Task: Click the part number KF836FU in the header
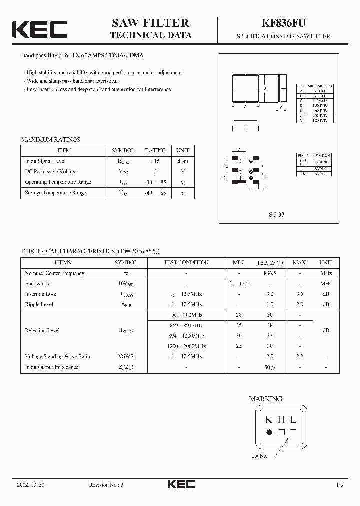tap(283, 23)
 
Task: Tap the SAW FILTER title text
tap(150, 23)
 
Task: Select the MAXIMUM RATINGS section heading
tap(50, 140)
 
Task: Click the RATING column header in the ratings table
tap(155, 150)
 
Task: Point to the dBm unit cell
tap(182, 161)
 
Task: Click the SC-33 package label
tap(276, 214)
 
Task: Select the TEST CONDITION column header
tap(186, 262)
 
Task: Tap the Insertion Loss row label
tap(40, 294)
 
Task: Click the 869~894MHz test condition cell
tap(186, 325)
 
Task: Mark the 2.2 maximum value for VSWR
tap(300, 356)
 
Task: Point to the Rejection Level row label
tap(42, 330)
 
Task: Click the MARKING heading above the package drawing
tap(266, 399)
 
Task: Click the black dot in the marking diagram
tap(269, 431)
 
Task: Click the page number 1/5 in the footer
tap(340, 485)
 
